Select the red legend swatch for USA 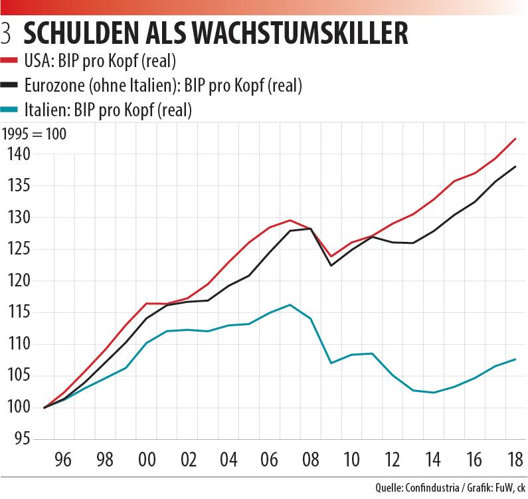(11, 62)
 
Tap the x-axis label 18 (514, 459)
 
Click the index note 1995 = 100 (34, 133)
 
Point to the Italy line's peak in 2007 (290, 305)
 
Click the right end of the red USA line (516, 139)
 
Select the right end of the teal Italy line (516, 359)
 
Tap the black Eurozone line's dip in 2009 (330, 266)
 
